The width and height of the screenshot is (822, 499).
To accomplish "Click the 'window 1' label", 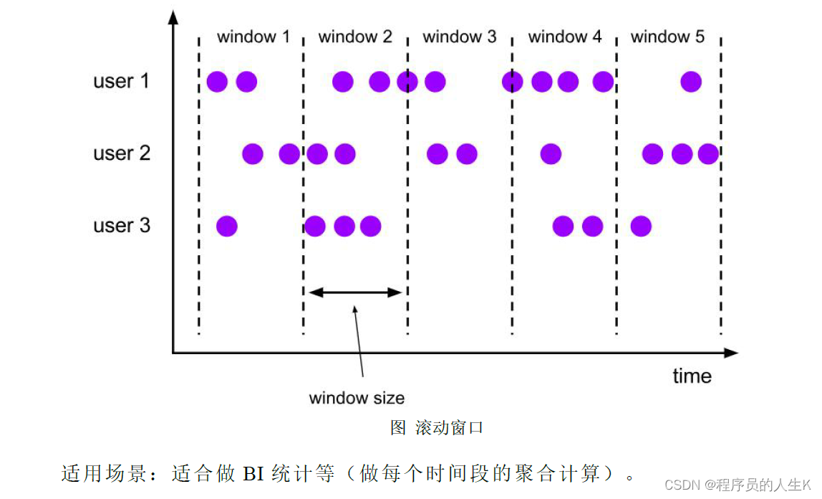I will pyautogui.click(x=253, y=37).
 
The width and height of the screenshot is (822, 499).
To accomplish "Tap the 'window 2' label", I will pyautogui.click(x=355, y=37).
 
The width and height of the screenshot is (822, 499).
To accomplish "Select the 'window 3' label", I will pyautogui.click(x=459, y=37).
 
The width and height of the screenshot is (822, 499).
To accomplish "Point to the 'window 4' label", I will pyautogui.click(x=565, y=37).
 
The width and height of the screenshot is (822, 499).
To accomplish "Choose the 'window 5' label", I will pyautogui.click(x=667, y=37).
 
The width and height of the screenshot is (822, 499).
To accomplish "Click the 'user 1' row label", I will pyautogui.click(x=121, y=81).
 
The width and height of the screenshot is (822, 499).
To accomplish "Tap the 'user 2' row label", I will pyautogui.click(x=121, y=153).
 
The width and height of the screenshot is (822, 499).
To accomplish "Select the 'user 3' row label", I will pyautogui.click(x=121, y=226).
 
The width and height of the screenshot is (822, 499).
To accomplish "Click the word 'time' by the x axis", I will pyautogui.click(x=692, y=376).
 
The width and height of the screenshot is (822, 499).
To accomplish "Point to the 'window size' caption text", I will pyautogui.click(x=357, y=398).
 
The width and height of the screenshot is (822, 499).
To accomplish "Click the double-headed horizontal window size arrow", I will pyautogui.click(x=355, y=292).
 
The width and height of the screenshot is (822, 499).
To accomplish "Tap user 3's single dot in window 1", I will pyautogui.click(x=227, y=227).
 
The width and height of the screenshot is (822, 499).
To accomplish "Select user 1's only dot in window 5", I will pyautogui.click(x=691, y=82).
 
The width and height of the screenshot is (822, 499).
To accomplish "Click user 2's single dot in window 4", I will pyautogui.click(x=551, y=153).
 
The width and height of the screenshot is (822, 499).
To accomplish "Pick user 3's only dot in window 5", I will pyautogui.click(x=641, y=227).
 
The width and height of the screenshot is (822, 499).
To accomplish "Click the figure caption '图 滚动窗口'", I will pyautogui.click(x=437, y=428).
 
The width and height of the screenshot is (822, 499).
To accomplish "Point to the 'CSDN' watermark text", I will pyautogui.click(x=682, y=485).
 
